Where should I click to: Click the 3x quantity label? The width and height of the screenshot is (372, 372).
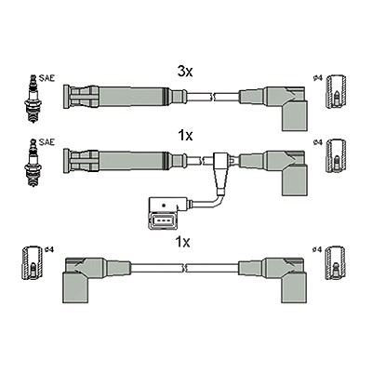click(185, 73)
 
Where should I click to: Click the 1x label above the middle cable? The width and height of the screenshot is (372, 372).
click(185, 136)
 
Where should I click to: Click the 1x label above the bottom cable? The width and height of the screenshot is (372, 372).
click(182, 243)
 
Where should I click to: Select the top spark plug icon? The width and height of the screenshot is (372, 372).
click(33, 100)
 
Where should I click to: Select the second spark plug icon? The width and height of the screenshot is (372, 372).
click(33, 163)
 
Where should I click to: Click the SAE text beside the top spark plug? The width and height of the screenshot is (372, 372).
click(46, 78)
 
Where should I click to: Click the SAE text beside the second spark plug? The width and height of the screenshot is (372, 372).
click(46, 142)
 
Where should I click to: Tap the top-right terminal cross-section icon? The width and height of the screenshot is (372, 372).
click(337, 91)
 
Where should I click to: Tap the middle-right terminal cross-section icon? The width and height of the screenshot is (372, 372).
click(337, 155)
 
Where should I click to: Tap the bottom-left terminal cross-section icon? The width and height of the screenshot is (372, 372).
click(33, 263)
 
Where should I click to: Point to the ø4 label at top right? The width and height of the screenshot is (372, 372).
click(318, 78)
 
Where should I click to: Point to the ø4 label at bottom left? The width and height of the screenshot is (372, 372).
click(49, 249)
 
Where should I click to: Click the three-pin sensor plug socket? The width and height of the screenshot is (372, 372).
click(161, 221)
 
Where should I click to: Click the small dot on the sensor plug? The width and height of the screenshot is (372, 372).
click(163, 206)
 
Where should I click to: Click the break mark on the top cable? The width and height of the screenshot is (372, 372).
click(212, 97)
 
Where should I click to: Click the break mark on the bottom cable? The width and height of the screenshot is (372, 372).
click(184, 268)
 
